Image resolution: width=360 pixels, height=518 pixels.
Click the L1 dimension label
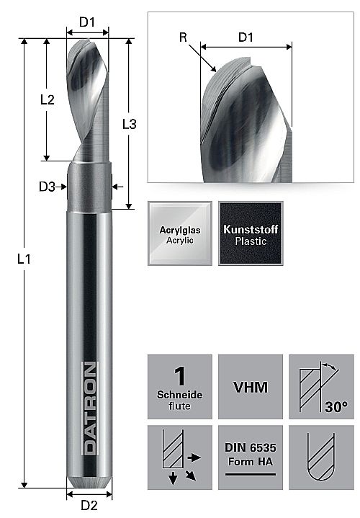(24, 259)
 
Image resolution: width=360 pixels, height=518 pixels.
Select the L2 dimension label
(48, 99)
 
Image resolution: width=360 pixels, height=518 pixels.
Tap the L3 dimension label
(129, 124)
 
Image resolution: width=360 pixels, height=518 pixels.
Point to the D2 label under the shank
(89, 506)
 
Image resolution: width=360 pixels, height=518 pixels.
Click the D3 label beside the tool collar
(47, 187)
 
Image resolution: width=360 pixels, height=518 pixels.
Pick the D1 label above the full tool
(87, 22)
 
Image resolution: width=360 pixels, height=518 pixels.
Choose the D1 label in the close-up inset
(246, 37)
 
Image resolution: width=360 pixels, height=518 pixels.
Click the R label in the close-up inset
(183, 37)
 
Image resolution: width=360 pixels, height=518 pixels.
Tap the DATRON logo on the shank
(90, 408)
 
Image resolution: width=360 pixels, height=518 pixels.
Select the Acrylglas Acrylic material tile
(180, 233)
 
